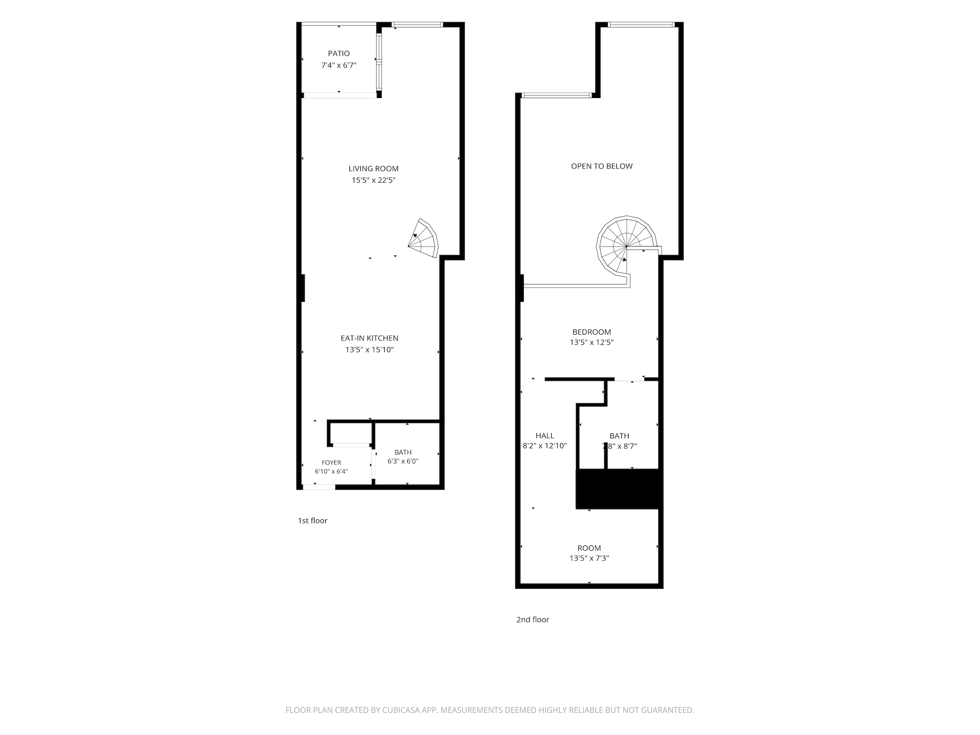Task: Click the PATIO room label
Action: pyautogui.click(x=339, y=53)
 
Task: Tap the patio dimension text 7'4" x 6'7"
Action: pyautogui.click(x=339, y=65)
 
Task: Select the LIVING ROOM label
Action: pyautogui.click(x=373, y=169)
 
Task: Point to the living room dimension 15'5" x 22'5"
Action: pyautogui.click(x=373, y=180)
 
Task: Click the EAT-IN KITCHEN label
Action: pyautogui.click(x=369, y=338)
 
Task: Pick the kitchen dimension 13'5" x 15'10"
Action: pyautogui.click(x=369, y=350)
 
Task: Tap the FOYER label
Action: pyautogui.click(x=331, y=463)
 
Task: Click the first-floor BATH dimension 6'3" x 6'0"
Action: pyautogui.click(x=403, y=461)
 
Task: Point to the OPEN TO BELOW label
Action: pyautogui.click(x=602, y=166)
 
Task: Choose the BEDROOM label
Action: pyautogui.click(x=591, y=332)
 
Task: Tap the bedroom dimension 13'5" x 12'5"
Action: pyautogui.click(x=591, y=343)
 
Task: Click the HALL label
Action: pyautogui.click(x=545, y=436)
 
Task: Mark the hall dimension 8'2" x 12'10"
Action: pyautogui.click(x=545, y=446)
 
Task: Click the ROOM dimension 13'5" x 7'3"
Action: pyautogui.click(x=589, y=558)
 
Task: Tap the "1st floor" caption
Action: pyautogui.click(x=313, y=520)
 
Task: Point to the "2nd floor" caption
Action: pyautogui.click(x=533, y=619)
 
